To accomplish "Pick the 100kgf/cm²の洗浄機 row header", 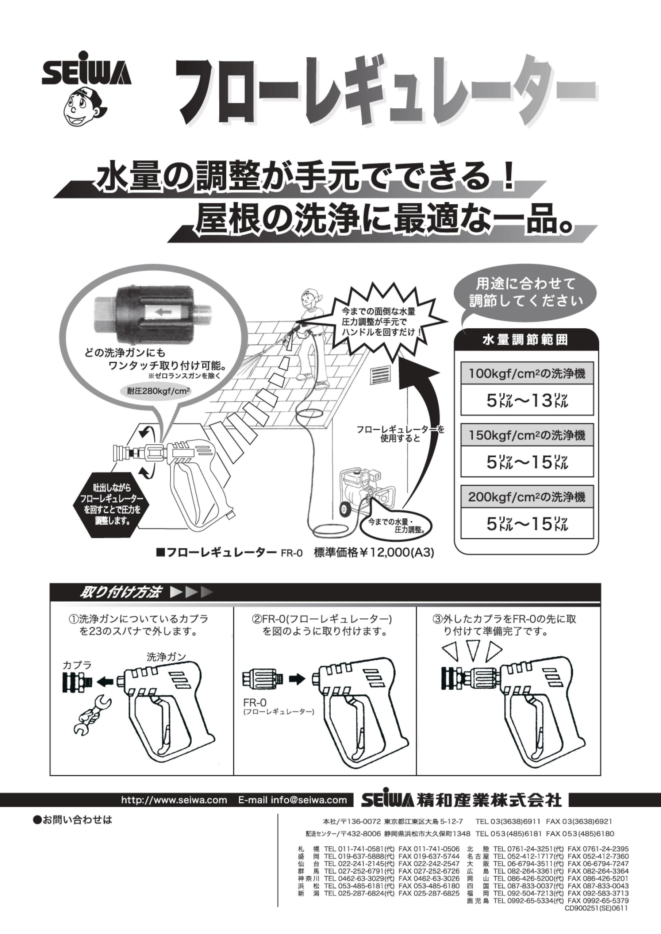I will tap(527, 374).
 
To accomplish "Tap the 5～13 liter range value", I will tap(527, 401).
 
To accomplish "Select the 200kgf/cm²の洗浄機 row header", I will tap(527, 497).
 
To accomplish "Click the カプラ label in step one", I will tap(77, 665).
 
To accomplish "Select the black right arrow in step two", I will tap(297, 679).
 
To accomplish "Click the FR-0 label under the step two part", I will tap(255, 703).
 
